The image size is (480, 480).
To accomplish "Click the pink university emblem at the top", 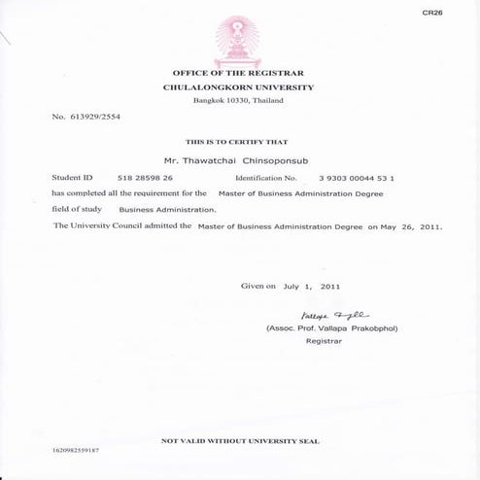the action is point(239,38).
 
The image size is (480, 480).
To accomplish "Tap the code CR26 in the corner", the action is point(433,13).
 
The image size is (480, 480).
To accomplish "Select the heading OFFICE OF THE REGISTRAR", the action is point(239,73).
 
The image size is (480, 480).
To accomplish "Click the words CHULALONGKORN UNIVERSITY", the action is point(239,87).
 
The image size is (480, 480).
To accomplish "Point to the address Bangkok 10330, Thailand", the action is point(239,101).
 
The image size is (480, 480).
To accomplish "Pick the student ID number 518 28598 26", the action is point(145,178).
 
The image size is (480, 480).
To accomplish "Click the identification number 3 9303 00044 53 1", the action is point(356,178).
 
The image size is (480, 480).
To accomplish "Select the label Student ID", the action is point(72,178).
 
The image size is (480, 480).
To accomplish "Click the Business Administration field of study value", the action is point(168,209).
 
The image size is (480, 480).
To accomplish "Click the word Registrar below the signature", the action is point(325,342).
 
